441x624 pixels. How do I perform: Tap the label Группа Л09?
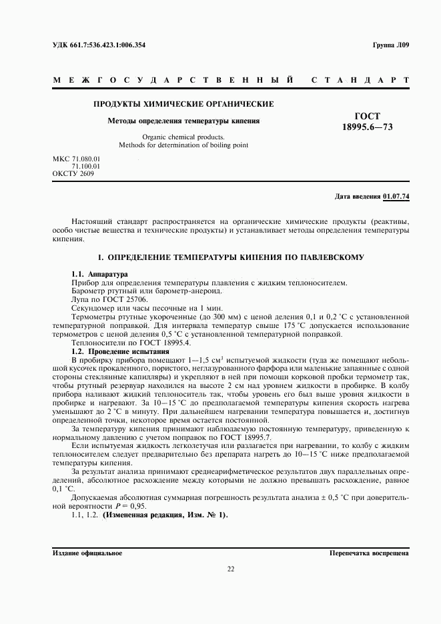tap(391, 45)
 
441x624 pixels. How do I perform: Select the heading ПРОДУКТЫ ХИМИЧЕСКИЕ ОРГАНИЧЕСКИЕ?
tap(183, 104)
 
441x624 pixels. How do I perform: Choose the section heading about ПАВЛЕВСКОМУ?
tap(230, 257)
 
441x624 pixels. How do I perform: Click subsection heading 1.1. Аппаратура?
tap(100, 275)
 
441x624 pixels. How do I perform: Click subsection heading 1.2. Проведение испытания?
tap(121, 351)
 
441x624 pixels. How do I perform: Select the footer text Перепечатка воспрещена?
tap(369, 553)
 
